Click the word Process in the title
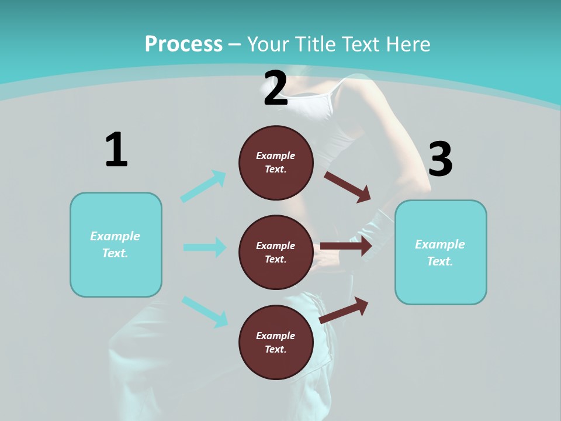pos(183,44)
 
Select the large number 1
pos(116,150)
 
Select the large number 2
pos(276,89)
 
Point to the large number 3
pos(440,160)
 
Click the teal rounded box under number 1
pos(116,244)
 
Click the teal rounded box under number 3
pos(441,253)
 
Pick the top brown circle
pos(276,163)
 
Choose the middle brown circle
pos(276,252)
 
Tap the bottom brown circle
pos(276,342)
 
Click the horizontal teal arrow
pos(205,247)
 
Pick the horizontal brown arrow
pos(346,246)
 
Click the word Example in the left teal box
pos(115,236)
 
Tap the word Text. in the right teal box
pos(440,261)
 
